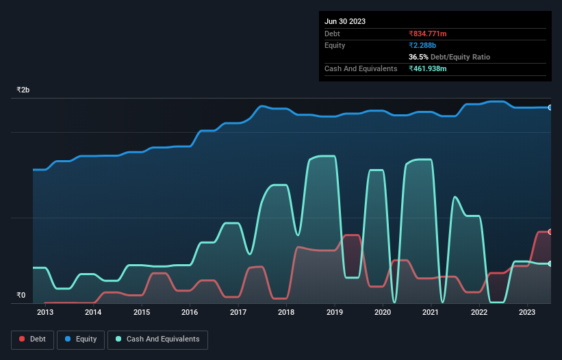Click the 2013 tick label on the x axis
[45, 313]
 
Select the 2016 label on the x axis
[190, 313]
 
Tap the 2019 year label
[335, 313]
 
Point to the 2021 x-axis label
[431, 313]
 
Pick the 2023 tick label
[527, 313]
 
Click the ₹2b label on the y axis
[23, 90]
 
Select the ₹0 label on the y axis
[21, 296]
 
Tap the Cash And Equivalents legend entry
[157, 339]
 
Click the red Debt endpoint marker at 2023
[550, 232]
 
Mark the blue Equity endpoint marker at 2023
[550, 107]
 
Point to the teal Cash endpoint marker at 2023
[550, 263]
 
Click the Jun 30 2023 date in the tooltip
[345, 21]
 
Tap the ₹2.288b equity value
[422, 45]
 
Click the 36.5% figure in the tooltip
[419, 57]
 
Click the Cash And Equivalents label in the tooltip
[361, 68]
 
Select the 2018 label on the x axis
[286, 313]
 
